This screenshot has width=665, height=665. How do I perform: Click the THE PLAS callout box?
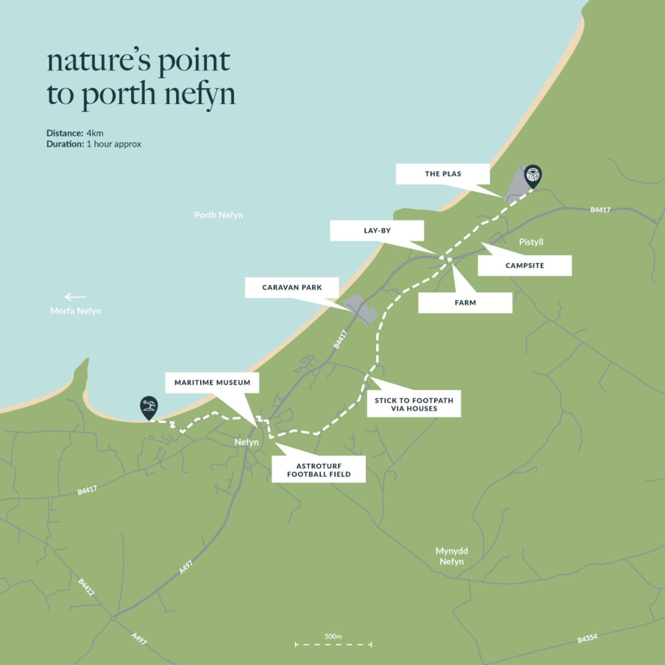click(x=443, y=174)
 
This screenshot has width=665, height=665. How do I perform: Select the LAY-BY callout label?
click(x=377, y=231)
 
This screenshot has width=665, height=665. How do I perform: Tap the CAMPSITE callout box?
click(x=525, y=265)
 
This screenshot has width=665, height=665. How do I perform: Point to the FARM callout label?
click(x=465, y=302)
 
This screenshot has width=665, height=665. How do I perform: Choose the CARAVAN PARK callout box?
click(x=292, y=287)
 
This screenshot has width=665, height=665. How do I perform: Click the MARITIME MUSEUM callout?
click(x=212, y=383)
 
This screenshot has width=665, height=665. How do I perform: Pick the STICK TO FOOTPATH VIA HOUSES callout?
click(x=414, y=404)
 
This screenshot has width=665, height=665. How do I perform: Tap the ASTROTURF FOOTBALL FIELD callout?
click(x=318, y=470)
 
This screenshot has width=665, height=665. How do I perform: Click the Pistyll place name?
click(x=531, y=242)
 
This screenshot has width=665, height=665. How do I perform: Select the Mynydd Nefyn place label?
click(x=452, y=556)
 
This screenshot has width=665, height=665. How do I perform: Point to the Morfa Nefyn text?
click(x=75, y=311)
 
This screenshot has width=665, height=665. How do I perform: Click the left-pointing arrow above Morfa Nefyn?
click(x=75, y=297)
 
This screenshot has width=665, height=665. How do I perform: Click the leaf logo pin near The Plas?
click(x=533, y=175)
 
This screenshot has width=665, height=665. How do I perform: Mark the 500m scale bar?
click(x=333, y=644)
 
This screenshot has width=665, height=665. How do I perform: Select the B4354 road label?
click(x=587, y=639)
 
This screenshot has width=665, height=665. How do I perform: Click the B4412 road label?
click(x=86, y=587)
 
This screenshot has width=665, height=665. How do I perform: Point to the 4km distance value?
click(x=95, y=133)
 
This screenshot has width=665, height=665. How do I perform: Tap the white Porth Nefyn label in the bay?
click(x=218, y=215)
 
